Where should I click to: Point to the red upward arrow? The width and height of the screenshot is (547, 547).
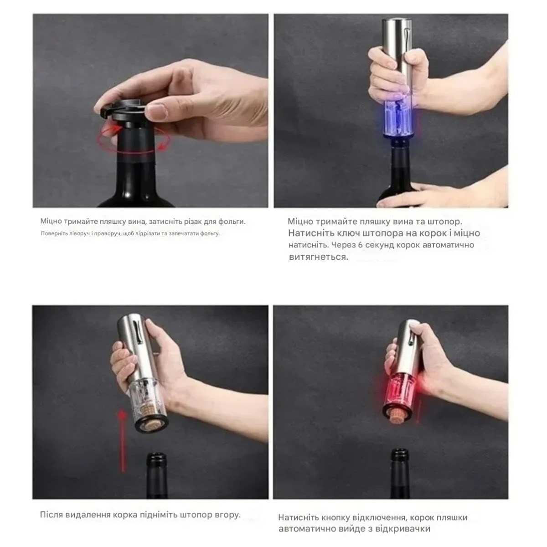click(122, 440)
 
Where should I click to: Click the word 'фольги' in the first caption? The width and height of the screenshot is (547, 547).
click(232, 222)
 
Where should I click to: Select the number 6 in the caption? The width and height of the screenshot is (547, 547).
click(361, 245)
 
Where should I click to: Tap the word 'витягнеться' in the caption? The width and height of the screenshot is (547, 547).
click(319, 257)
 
